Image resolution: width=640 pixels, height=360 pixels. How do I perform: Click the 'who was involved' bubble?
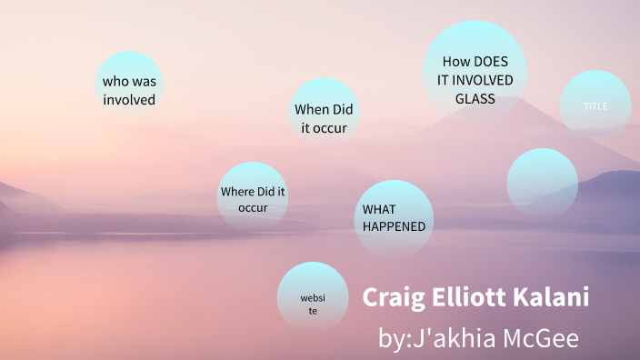point(129,89)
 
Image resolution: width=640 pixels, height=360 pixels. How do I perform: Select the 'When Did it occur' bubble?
point(324,117)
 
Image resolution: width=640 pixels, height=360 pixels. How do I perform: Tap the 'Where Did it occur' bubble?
point(253,198)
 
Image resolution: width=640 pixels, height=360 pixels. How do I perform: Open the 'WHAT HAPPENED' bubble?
point(393,217)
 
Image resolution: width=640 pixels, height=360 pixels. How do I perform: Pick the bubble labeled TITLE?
point(595,106)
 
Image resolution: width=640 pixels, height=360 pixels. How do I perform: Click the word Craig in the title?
point(392,297)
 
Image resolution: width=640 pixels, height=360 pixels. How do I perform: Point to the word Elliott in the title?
point(474,297)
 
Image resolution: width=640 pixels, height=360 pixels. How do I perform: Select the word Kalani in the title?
point(558,297)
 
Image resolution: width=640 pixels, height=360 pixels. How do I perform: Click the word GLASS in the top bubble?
point(475,98)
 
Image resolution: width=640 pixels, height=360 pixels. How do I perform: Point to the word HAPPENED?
point(394,226)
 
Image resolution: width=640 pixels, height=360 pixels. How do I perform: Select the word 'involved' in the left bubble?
point(129,99)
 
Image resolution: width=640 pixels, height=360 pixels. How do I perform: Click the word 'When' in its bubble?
point(312,109)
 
